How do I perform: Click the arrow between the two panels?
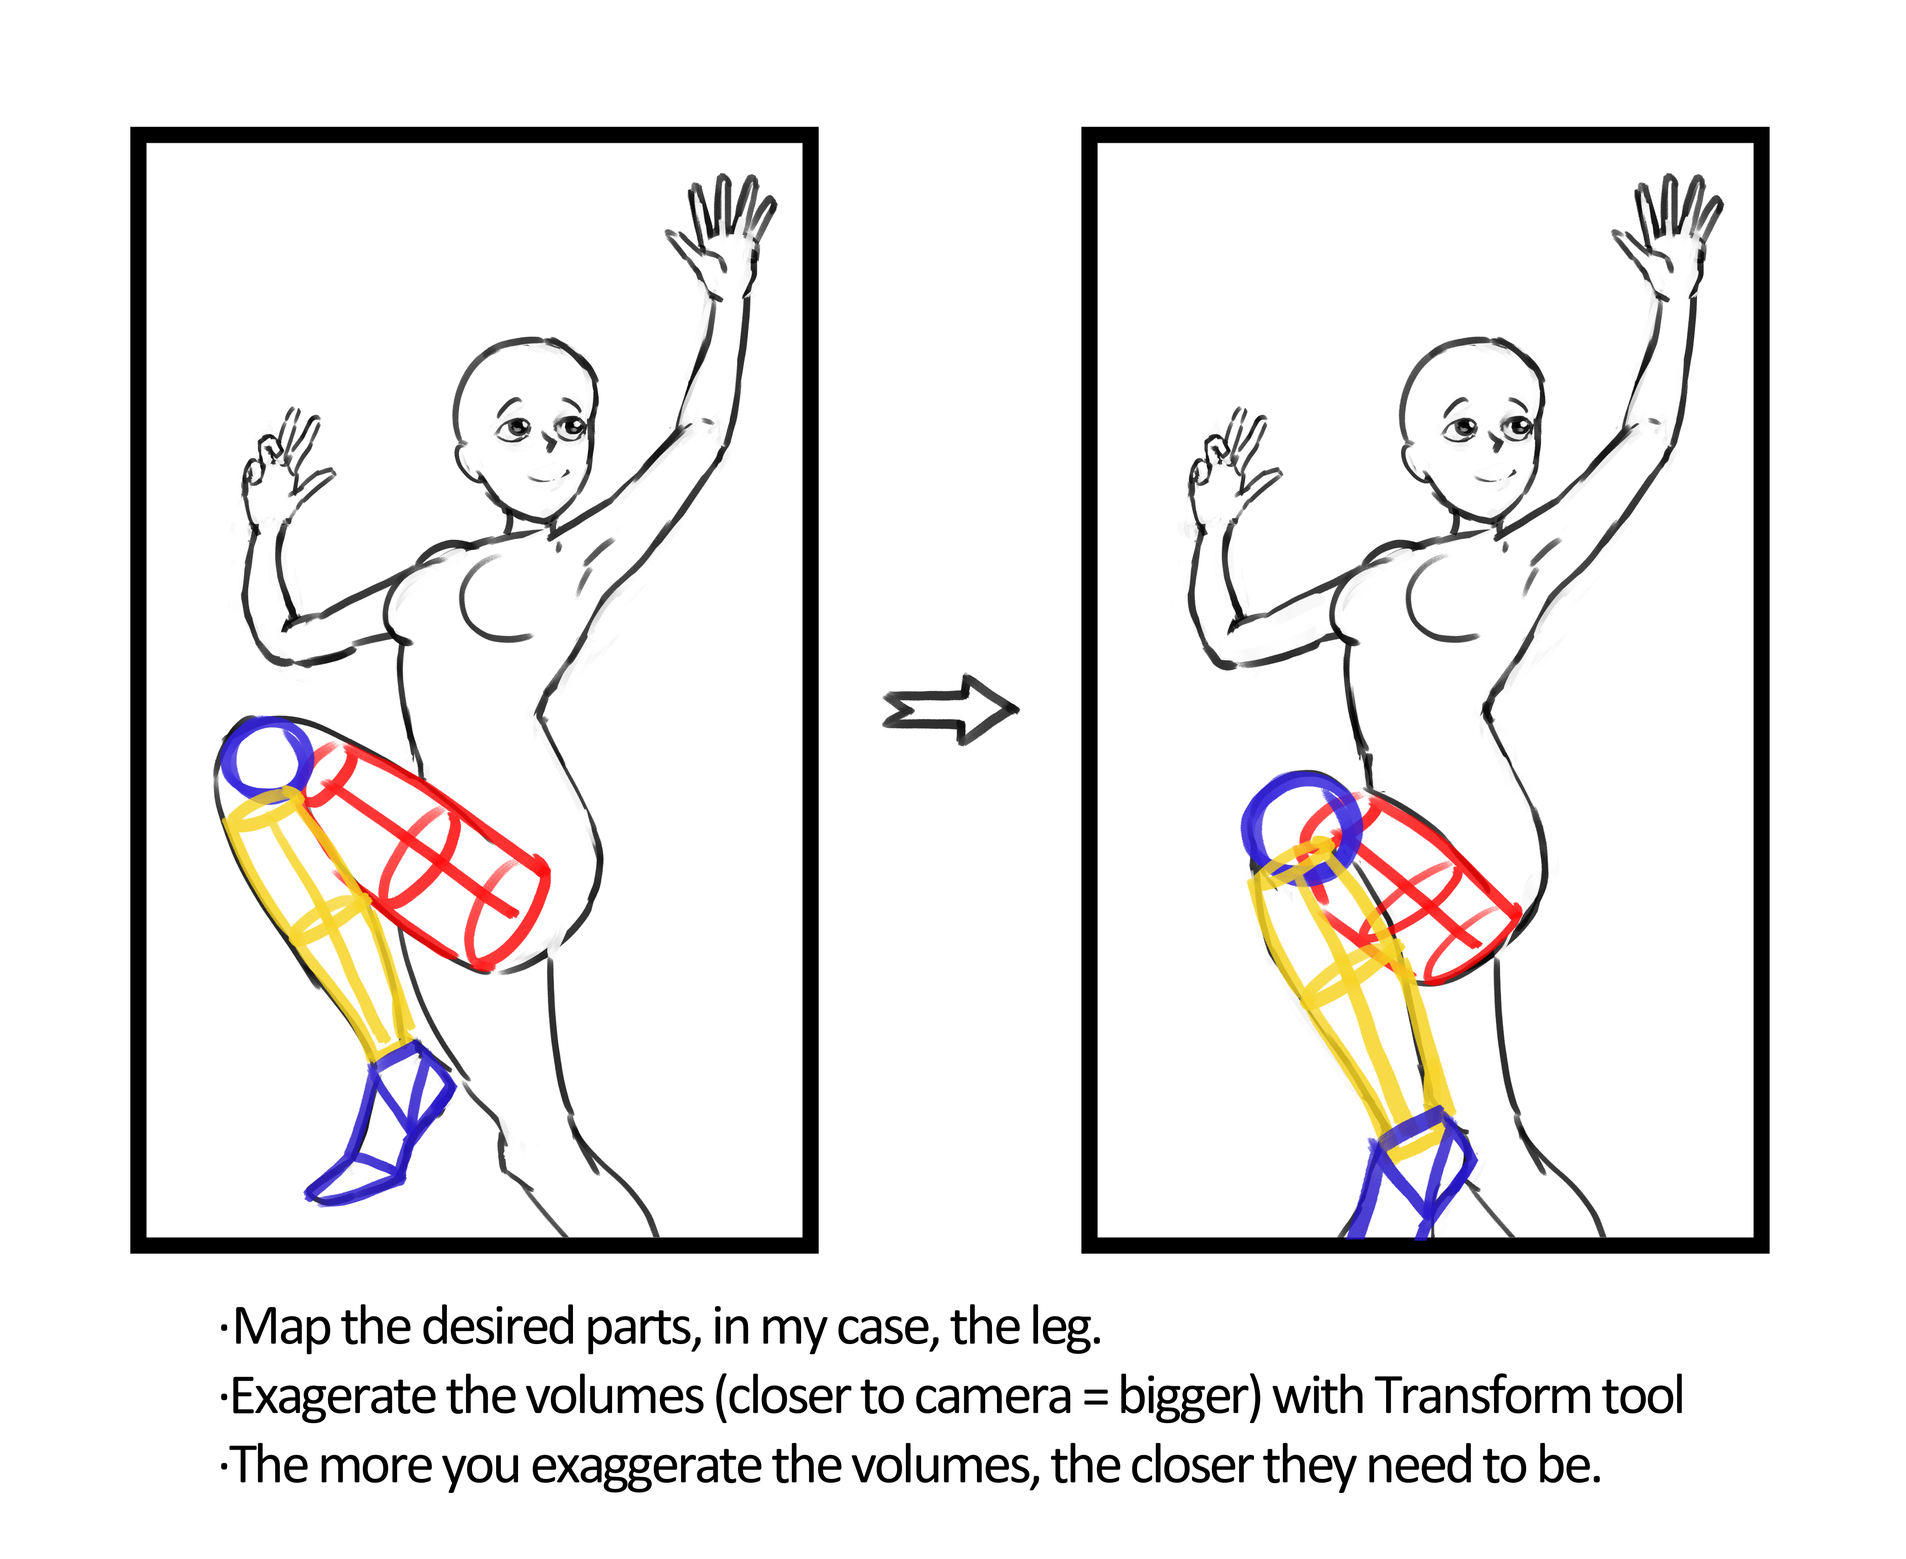[950, 709]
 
